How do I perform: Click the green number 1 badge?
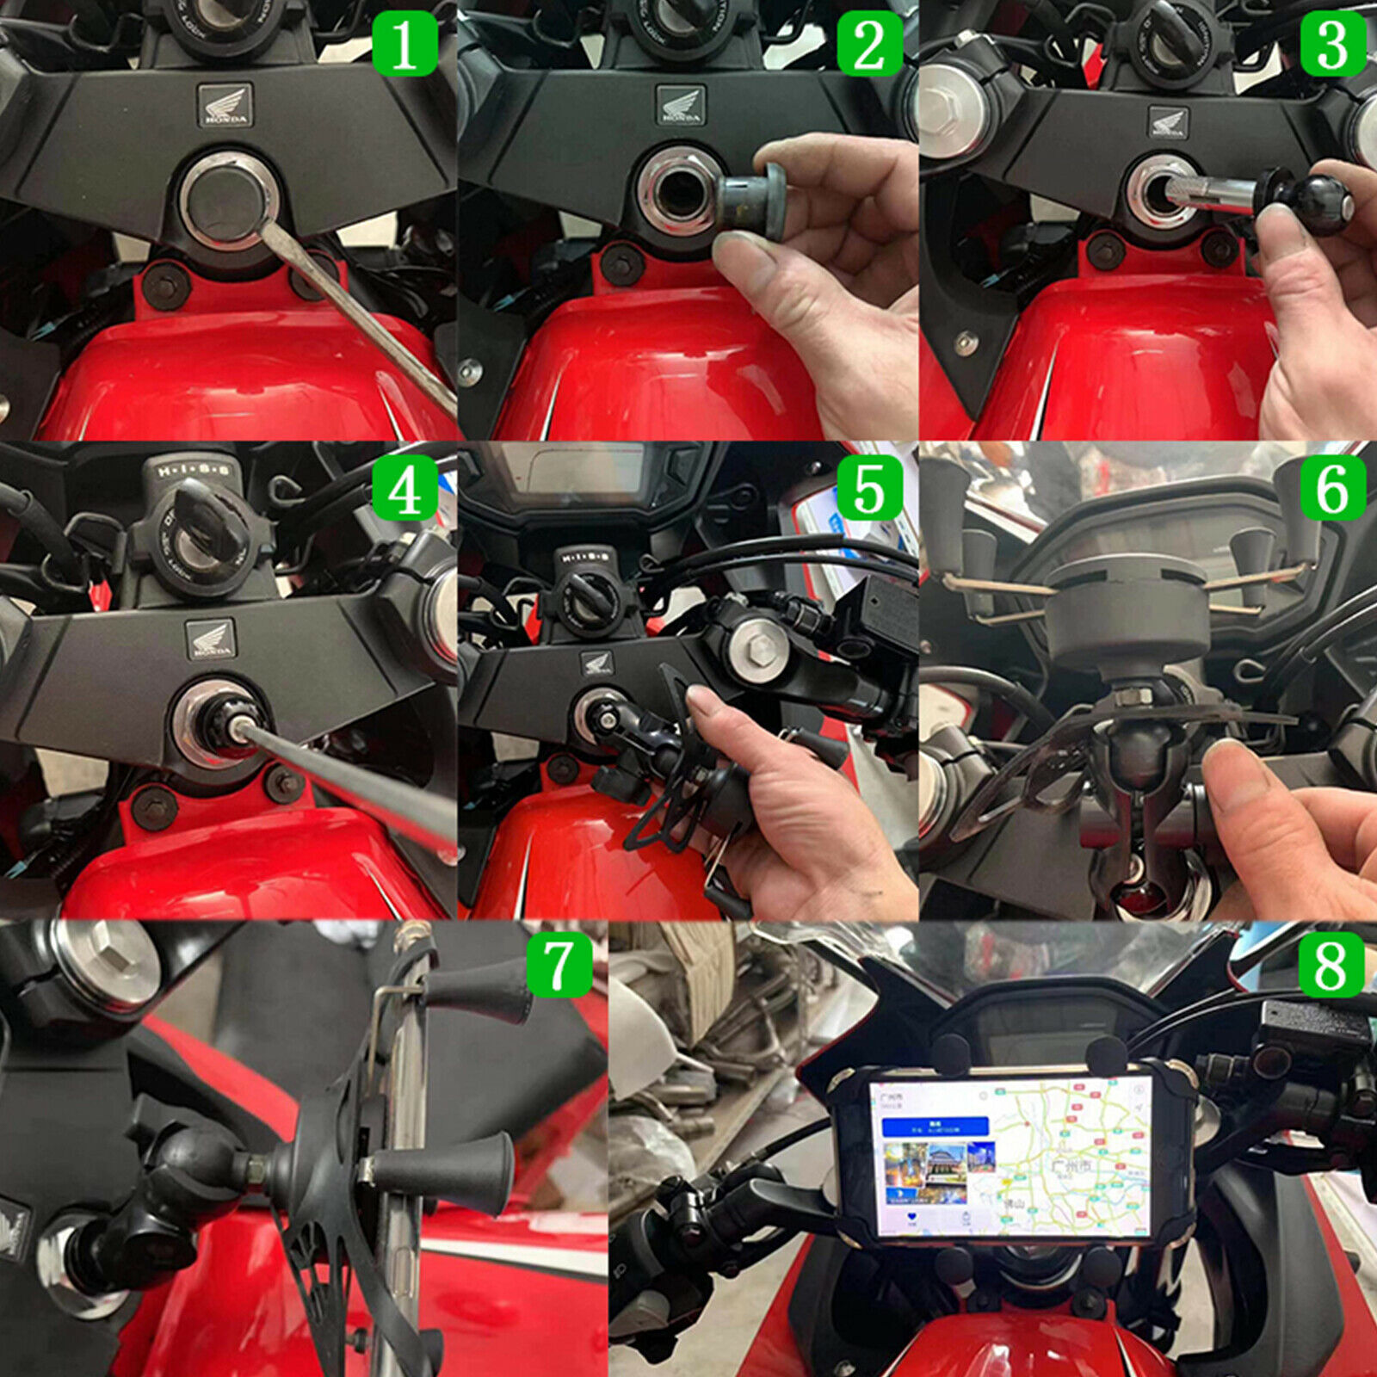(404, 45)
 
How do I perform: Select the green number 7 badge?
(559, 966)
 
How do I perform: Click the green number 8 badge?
(1331, 966)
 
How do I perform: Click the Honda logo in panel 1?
(225, 105)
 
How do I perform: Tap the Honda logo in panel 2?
(681, 105)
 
